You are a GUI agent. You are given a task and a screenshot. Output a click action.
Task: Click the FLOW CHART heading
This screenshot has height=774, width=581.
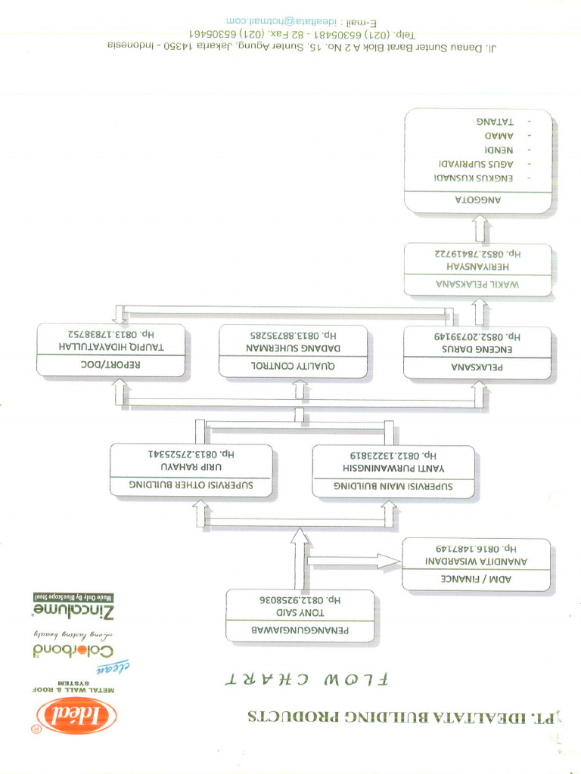(306, 679)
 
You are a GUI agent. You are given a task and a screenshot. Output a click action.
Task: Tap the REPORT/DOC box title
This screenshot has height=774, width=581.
(112, 364)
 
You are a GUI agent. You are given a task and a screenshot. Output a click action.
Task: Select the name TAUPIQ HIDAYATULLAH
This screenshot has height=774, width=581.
(112, 345)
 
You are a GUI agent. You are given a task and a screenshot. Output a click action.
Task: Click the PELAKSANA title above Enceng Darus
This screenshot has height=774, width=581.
(478, 367)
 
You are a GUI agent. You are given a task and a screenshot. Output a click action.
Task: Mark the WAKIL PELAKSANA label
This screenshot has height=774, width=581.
(478, 285)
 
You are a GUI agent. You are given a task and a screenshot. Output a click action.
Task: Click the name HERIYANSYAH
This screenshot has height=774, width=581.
(478, 266)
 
